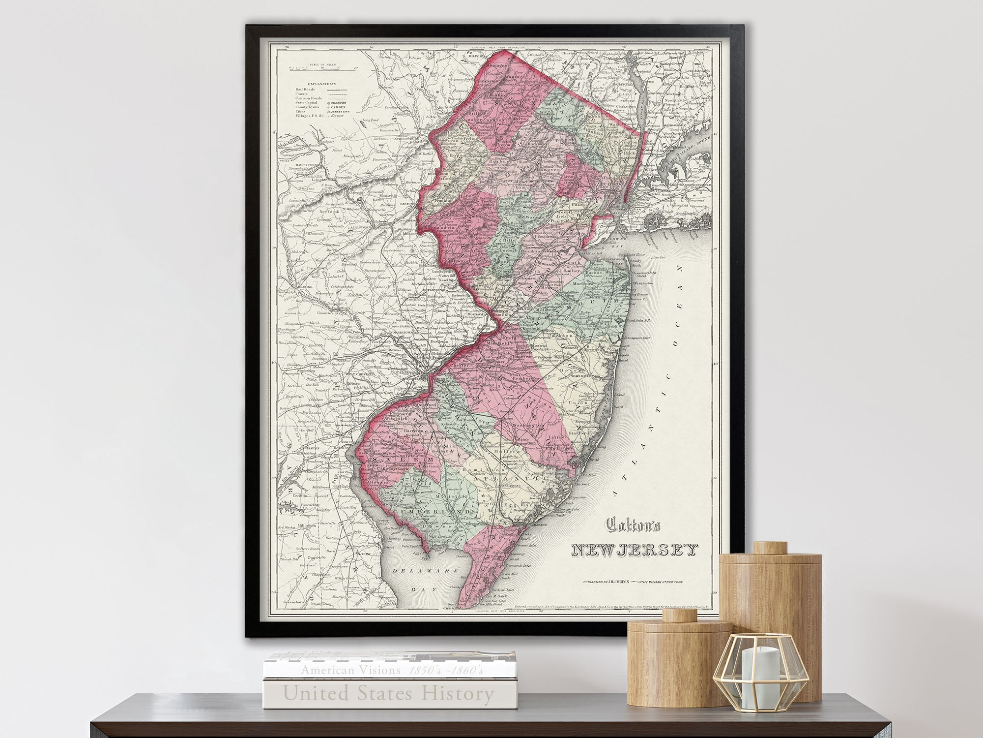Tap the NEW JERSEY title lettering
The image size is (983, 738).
[x=635, y=550]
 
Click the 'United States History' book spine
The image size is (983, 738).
[x=389, y=694]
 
